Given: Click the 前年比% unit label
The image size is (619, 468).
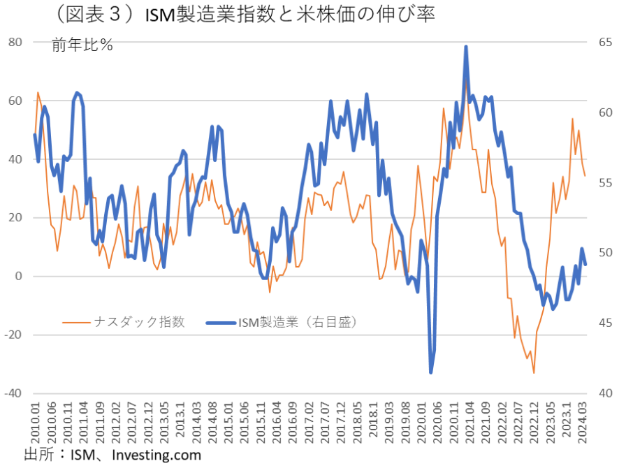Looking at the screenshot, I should click(82, 45).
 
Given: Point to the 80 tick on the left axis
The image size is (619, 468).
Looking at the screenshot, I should click(15, 42).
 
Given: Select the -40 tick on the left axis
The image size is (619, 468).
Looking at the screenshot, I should click(13, 393).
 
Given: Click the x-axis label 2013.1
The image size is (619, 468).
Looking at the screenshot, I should click(182, 419).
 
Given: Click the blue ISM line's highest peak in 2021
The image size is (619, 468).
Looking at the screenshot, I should click(466, 47).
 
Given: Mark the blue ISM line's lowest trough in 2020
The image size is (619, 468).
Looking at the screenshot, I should click(431, 372).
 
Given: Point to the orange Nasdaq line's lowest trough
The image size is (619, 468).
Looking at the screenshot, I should click(534, 373).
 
